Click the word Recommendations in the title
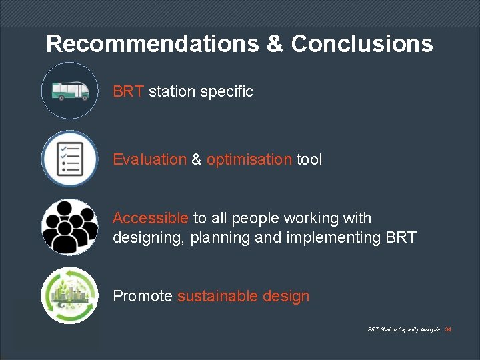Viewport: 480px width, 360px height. pos(153,44)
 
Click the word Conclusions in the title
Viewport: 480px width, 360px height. pos(362,44)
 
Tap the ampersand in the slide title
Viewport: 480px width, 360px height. pos(275,44)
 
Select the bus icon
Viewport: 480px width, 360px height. pos(69,91)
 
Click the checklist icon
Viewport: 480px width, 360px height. pos(69,159)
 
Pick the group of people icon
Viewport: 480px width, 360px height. pos(69,227)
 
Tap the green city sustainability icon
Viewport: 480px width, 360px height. pos(69,295)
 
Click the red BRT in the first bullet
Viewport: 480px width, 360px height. pos(128,91)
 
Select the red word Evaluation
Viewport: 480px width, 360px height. pos(150,159)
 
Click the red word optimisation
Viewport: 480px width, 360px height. pos(249,159)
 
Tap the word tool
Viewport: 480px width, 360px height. pos(309,159)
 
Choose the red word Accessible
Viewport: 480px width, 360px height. pos(151,218)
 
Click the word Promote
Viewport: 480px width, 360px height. pos(143,296)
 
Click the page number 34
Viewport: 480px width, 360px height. pos(448,329)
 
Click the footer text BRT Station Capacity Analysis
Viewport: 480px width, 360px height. pos(403,329)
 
